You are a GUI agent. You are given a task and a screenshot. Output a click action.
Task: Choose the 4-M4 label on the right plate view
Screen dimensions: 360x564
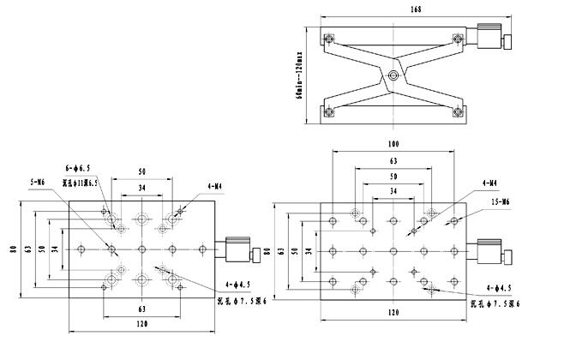point(490,183)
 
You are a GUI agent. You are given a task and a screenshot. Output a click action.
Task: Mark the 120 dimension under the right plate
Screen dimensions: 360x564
point(393,314)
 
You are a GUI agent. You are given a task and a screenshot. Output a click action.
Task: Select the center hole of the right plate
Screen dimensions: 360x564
point(393,250)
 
